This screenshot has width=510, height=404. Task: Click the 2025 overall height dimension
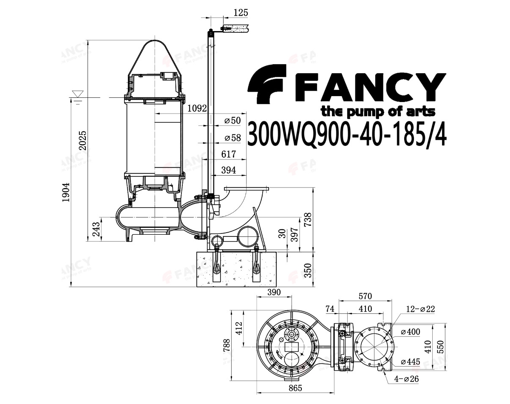tap(83, 140)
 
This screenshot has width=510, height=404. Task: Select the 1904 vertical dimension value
tap(66, 192)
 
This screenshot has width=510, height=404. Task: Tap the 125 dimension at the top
tap(241, 13)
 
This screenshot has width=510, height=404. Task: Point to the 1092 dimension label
tap(197, 108)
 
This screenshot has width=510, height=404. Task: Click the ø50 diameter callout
tap(232, 120)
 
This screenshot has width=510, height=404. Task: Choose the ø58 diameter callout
tap(232, 138)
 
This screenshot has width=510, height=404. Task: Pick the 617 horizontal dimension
tap(229, 154)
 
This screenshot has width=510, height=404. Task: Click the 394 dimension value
tap(229, 170)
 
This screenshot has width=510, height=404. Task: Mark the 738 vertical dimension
tap(308, 219)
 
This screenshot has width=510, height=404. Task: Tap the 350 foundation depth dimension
tap(308, 270)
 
